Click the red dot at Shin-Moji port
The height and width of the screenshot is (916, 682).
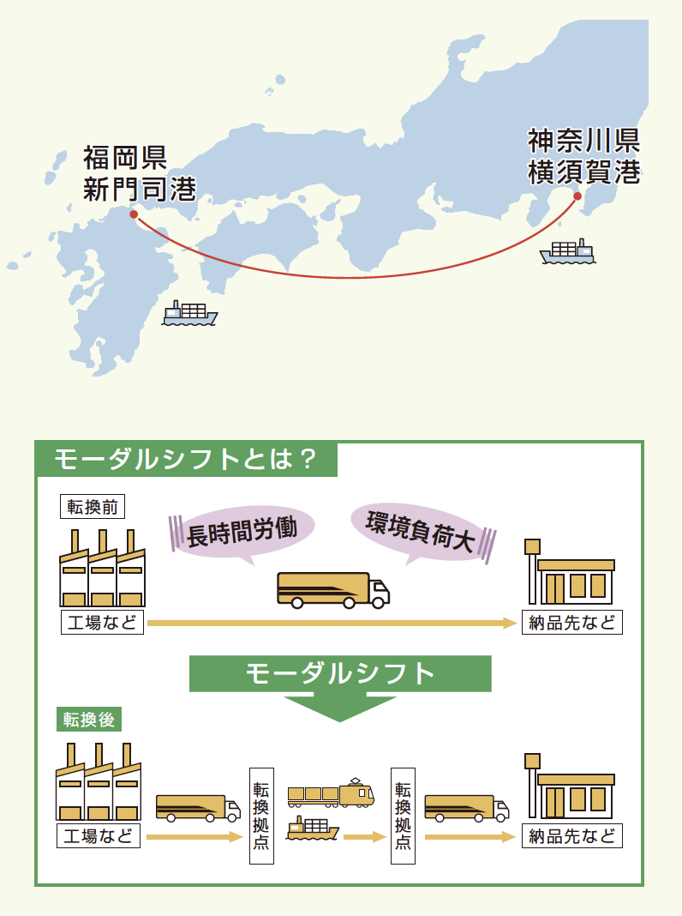[x=133, y=215]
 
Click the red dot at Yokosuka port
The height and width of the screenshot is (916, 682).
[x=577, y=196]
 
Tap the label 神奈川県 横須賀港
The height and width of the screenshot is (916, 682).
[x=583, y=155]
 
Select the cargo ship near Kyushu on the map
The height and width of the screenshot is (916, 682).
[x=190, y=314]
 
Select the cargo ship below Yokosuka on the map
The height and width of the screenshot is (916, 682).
[x=567, y=252]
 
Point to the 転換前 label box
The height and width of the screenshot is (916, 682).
[x=93, y=506]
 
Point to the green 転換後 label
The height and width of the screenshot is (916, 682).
[x=86, y=719]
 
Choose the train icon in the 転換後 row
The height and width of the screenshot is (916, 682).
[x=331, y=793]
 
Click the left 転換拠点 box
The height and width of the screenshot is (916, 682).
[x=261, y=815]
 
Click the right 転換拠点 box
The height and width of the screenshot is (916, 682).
[x=402, y=815]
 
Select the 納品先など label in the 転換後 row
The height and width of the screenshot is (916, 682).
[x=572, y=836]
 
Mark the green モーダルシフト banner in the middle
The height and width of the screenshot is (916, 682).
[x=340, y=674]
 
